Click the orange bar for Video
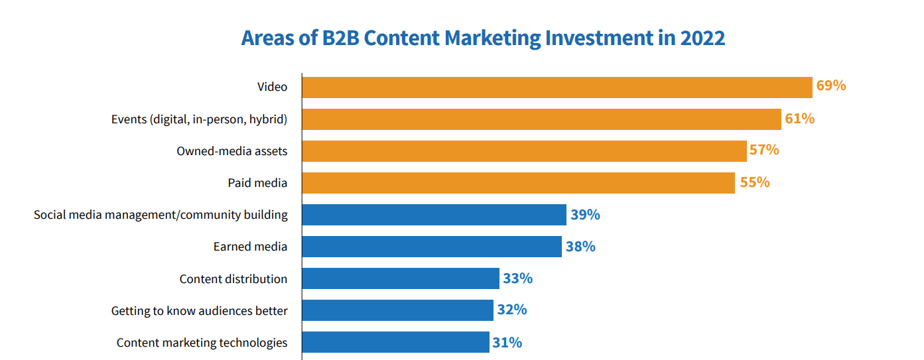coord(557,88)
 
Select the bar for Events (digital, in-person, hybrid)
coord(541,119)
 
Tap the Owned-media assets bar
coord(524,151)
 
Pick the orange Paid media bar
coord(518,183)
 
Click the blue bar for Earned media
coord(432,247)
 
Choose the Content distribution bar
coord(401,278)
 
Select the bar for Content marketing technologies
coord(395,342)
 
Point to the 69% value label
coord(831,86)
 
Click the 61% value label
coord(799,119)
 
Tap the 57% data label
coord(764,150)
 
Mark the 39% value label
coord(585,215)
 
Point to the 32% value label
coord(512,310)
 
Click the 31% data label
coord(507,342)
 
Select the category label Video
coord(272,87)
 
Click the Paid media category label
coord(257,183)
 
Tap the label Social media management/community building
coord(161,215)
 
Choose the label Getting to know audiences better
coord(199,310)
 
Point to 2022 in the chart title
coord(702,38)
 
